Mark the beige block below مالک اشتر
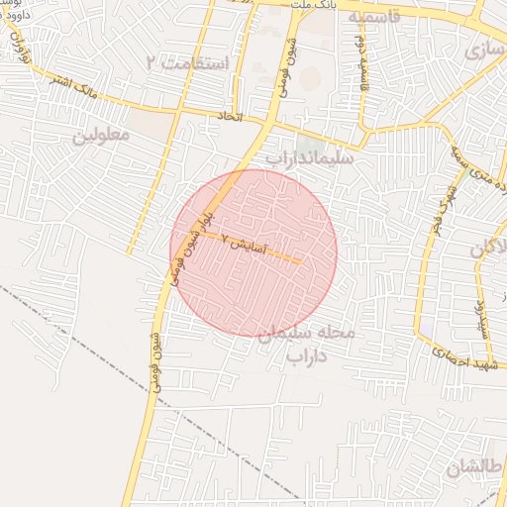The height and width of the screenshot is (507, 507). pyautogui.click(x=149, y=124)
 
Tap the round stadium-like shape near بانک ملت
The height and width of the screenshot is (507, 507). pyautogui.click(x=310, y=76)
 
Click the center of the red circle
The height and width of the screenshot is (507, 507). pyautogui.click(x=253, y=253)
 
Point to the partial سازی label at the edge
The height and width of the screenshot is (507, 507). pyautogui.click(x=486, y=48)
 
